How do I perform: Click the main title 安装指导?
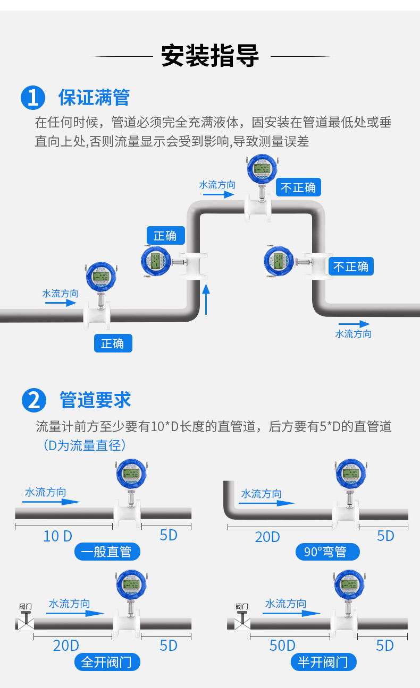pyautogui.click(x=210, y=56)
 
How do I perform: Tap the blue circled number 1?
pyautogui.click(x=33, y=98)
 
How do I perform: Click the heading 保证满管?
pyautogui.click(x=94, y=98)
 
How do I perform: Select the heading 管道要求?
pyautogui.click(x=96, y=400)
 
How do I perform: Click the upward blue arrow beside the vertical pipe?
pyautogui.click(x=207, y=299)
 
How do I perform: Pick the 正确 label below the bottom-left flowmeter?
pyautogui.click(x=113, y=343)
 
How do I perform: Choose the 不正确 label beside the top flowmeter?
pyautogui.click(x=298, y=187)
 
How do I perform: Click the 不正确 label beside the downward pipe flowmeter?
pyautogui.click(x=351, y=266)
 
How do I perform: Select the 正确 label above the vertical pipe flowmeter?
pyautogui.click(x=165, y=236)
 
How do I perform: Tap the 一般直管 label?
pyautogui.click(x=107, y=552)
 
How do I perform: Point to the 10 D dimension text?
pyautogui.click(x=57, y=536)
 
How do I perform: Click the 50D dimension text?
pyautogui.click(x=282, y=646)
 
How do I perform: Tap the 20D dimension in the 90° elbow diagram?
pyautogui.click(x=267, y=537)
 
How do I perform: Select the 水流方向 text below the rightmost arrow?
pyautogui.click(x=354, y=334)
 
